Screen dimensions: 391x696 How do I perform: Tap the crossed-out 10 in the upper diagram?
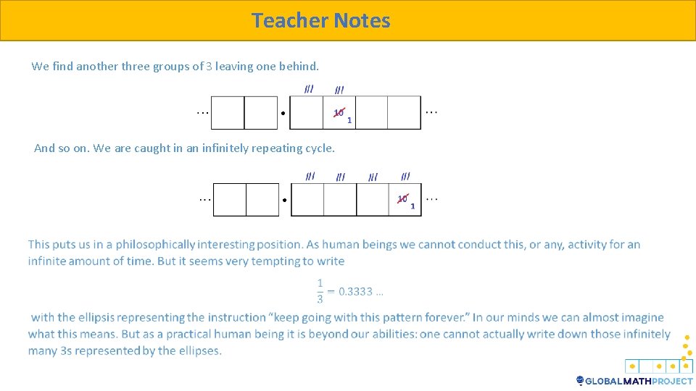[339, 112]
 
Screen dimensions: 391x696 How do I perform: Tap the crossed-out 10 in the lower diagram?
[402, 198]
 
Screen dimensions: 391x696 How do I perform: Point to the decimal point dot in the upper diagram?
[282, 113]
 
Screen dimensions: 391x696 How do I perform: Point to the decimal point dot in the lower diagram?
[285, 200]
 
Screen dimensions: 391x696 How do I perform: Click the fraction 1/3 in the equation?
[320, 291]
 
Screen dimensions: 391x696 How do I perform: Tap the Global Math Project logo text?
[639, 381]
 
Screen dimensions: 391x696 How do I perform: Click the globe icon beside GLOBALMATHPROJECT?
[580, 380]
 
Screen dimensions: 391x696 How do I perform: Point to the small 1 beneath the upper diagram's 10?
[349, 120]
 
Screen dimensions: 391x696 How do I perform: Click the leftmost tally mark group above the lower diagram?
[310, 176]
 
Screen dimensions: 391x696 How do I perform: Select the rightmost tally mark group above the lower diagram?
[405, 176]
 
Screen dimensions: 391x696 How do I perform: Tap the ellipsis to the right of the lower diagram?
[432, 198]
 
